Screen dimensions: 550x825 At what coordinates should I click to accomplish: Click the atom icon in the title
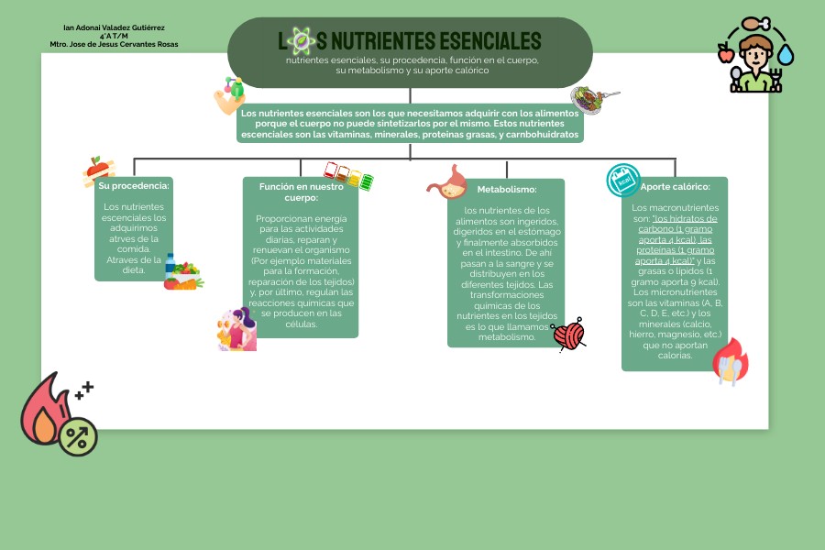tap(300, 40)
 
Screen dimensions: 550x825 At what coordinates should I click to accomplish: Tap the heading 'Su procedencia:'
tap(134, 186)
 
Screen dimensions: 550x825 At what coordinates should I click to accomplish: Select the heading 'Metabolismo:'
tap(506, 190)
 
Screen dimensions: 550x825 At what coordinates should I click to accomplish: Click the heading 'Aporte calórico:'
tap(675, 187)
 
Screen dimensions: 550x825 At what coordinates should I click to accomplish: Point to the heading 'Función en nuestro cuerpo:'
tap(301, 192)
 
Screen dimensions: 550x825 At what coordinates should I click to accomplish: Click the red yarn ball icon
tap(569, 335)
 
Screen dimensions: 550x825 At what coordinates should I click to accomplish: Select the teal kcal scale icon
tap(624, 181)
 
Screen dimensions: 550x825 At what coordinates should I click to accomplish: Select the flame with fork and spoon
tap(730, 362)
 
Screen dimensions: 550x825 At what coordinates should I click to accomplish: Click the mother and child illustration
tap(236, 330)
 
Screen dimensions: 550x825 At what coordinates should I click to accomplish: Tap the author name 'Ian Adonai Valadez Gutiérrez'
tap(114, 28)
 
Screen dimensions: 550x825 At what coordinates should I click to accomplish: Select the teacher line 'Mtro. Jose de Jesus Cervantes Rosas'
tap(114, 44)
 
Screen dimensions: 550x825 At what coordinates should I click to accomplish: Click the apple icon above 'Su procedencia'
tap(97, 169)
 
